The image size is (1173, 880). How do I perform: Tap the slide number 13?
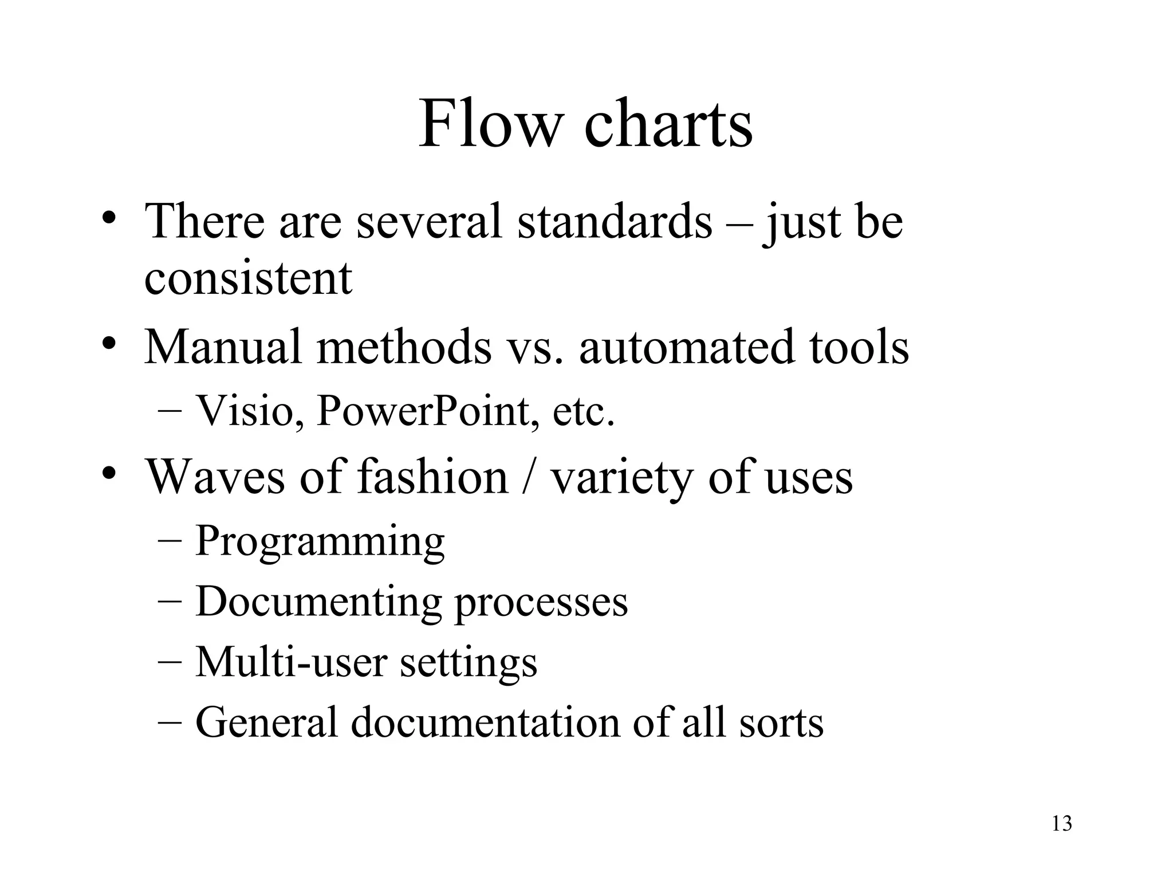point(1062,824)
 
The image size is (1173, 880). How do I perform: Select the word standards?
point(615,222)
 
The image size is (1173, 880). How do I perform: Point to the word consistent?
point(248,278)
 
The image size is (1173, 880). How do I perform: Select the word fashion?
point(433,477)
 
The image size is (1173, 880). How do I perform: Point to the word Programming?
point(320,542)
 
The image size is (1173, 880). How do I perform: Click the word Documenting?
point(318,603)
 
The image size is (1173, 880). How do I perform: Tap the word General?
point(266,723)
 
